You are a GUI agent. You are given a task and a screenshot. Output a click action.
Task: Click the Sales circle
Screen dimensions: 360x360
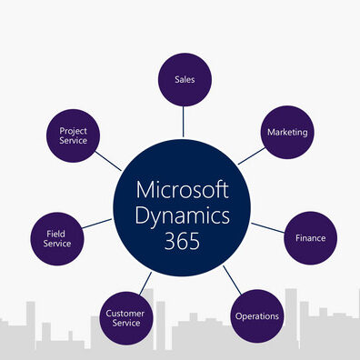(x=185, y=79)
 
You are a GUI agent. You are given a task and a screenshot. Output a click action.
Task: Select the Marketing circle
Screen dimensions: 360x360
(x=287, y=133)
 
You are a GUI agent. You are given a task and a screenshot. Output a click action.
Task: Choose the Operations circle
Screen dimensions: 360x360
(x=257, y=315)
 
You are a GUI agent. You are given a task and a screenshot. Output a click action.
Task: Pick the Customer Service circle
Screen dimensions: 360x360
(x=125, y=318)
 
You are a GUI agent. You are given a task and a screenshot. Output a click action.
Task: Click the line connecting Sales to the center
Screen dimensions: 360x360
(x=185, y=118)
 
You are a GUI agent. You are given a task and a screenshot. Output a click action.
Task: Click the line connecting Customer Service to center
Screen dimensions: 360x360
(x=144, y=281)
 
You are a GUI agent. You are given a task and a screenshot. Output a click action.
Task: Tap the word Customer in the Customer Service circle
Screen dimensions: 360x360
(x=125, y=313)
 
